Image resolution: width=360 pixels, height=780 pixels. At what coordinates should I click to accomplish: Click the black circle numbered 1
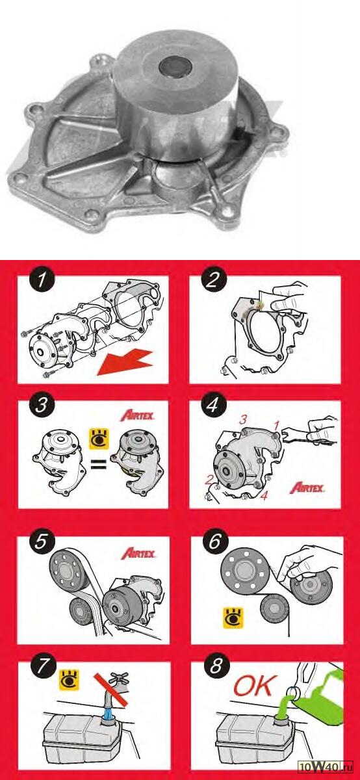[42, 279]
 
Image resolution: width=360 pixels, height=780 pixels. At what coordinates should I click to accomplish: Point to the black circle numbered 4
[213, 404]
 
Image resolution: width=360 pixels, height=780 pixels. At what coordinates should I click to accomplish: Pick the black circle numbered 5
[42, 541]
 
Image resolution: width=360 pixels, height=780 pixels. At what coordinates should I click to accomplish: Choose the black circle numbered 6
[215, 541]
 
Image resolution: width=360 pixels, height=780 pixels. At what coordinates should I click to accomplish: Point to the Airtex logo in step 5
[138, 553]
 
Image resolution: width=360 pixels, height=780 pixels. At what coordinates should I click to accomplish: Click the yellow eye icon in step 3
[99, 439]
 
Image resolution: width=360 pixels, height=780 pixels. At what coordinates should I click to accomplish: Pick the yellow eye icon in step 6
[233, 618]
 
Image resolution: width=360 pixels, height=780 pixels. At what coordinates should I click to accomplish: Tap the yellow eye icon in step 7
[70, 679]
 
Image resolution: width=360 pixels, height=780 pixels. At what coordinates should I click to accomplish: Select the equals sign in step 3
[99, 464]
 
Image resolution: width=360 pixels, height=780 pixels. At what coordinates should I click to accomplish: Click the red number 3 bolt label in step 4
[243, 419]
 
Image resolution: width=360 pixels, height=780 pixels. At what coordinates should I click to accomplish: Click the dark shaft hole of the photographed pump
[175, 67]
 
